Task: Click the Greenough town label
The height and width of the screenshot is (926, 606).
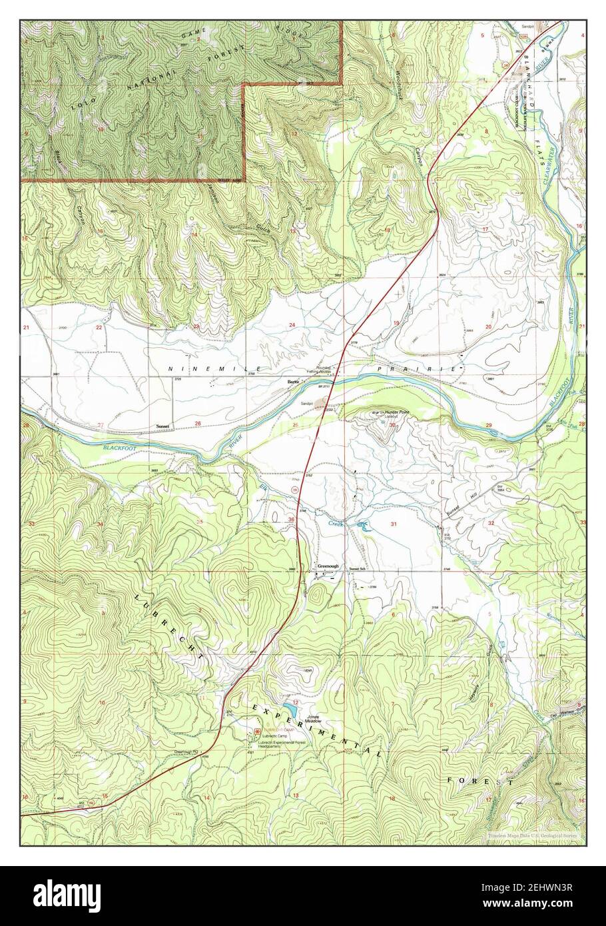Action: tap(328, 566)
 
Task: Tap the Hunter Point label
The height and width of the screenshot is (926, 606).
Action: tap(399, 414)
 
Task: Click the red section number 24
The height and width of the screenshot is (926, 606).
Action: tap(292, 324)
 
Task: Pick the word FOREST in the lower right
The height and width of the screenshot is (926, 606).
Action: tap(480, 781)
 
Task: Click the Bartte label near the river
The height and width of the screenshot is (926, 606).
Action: tap(292, 382)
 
